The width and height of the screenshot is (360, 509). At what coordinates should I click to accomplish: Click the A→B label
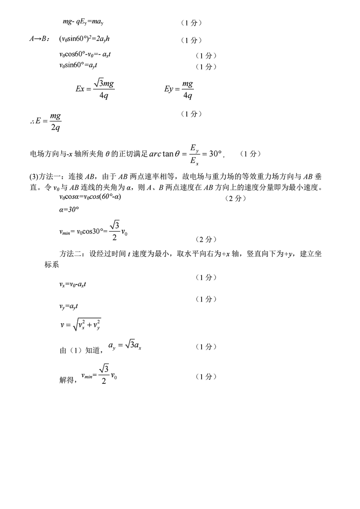[40, 39]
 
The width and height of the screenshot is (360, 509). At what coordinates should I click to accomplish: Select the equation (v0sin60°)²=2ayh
[84, 39]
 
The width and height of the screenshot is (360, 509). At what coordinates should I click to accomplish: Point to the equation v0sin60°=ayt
[79, 66]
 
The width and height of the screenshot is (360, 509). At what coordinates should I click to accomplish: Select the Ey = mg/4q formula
[179, 89]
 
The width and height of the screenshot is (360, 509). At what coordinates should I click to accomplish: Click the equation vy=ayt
[68, 306]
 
